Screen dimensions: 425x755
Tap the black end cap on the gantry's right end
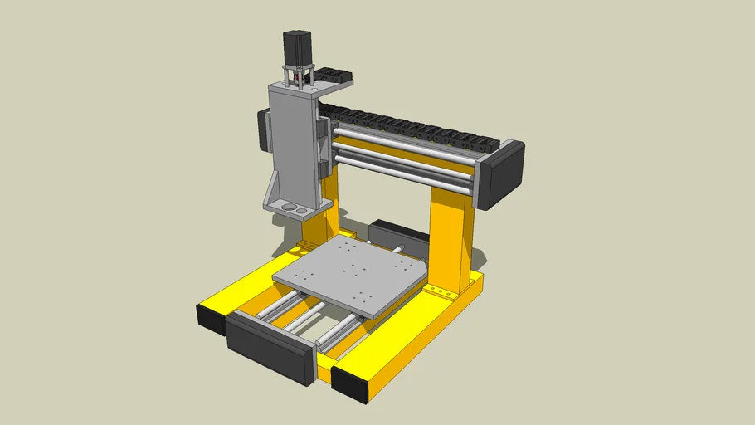click(504, 174)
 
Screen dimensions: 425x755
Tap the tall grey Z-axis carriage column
click(292, 141)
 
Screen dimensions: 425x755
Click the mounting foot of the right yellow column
click(437, 291)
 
